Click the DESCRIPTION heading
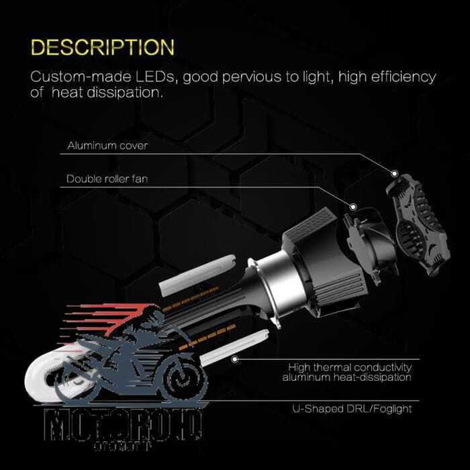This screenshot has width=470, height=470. [x=103, y=48]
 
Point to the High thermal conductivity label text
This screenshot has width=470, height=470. [x=349, y=367]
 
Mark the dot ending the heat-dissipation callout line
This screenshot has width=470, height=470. [x=234, y=359]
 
